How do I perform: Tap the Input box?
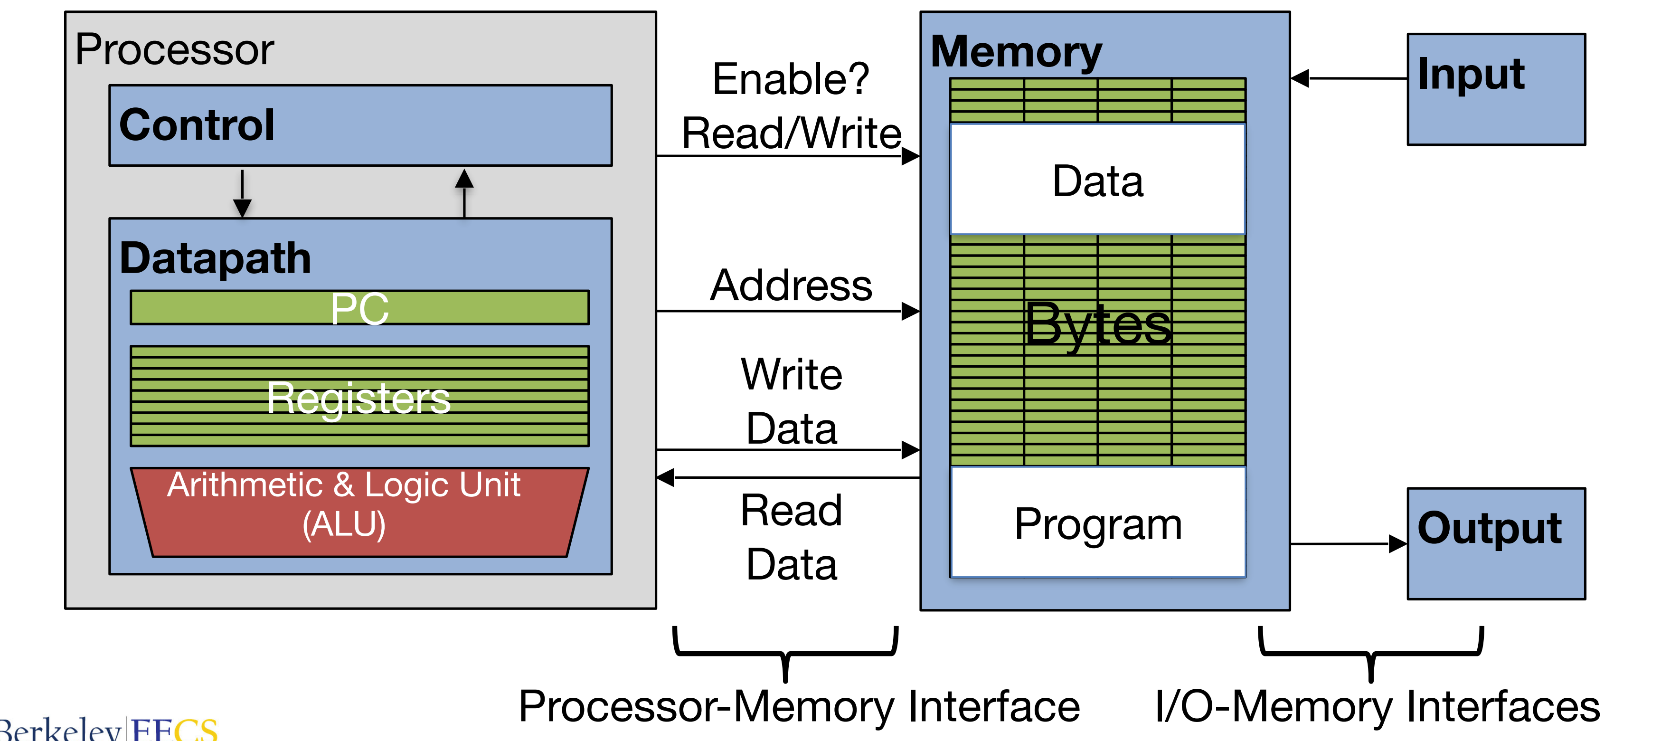click(1495, 90)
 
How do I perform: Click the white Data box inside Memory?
click(1097, 180)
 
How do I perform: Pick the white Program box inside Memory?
click(1097, 522)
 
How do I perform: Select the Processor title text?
click(174, 50)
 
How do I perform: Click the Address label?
click(791, 285)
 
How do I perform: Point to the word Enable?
click(791, 79)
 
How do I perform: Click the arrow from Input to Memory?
click(1348, 79)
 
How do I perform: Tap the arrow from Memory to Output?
click(1348, 544)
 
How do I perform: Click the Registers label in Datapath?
click(359, 398)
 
